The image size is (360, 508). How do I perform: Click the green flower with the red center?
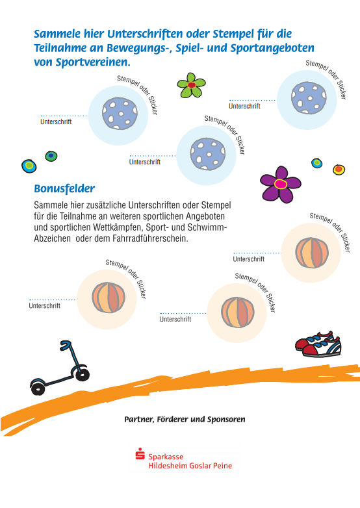pos(191,85)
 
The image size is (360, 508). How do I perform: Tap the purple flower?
pos(281,184)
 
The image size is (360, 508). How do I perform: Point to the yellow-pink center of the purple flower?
pos(281,184)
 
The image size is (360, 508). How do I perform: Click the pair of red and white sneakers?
pos(318,344)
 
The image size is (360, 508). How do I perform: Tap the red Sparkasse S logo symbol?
pos(140,453)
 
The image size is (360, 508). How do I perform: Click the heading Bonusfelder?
pos(64,188)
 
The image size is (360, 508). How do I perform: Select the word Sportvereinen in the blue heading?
pos(93,62)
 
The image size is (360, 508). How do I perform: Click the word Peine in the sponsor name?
pos(222,466)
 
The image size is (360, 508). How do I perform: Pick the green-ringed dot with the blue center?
pos(51,156)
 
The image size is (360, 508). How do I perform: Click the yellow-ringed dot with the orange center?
pos(339,169)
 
